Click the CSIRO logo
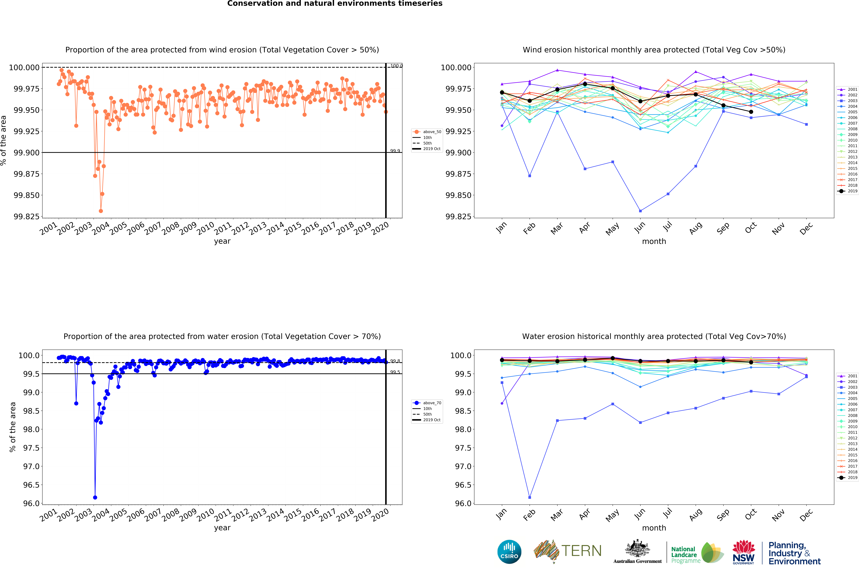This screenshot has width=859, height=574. tap(509, 552)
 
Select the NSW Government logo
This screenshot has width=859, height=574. tap(744, 552)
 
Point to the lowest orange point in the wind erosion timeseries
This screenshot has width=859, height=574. tap(101, 211)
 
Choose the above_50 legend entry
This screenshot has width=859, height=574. tap(427, 132)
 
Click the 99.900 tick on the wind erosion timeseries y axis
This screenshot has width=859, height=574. tap(26, 153)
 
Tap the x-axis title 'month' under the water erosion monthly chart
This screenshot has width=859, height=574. tap(654, 528)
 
